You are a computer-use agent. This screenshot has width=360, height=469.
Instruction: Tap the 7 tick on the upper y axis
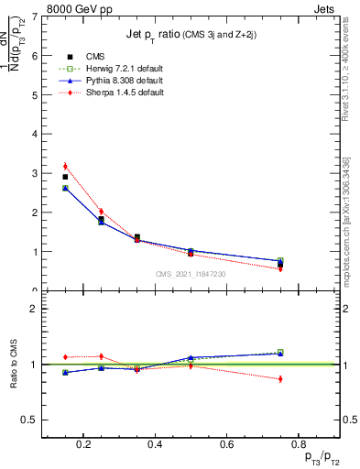point(34,16)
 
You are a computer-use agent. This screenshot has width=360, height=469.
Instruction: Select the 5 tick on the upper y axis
point(34,94)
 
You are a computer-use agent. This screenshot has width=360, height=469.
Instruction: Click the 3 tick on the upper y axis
point(34,173)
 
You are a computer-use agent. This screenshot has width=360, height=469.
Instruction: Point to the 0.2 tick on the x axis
point(84,446)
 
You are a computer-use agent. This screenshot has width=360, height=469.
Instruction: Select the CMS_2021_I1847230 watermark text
point(191,274)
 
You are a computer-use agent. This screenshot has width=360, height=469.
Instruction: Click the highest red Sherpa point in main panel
point(65,166)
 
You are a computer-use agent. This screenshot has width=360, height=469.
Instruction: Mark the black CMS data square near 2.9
point(65,177)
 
